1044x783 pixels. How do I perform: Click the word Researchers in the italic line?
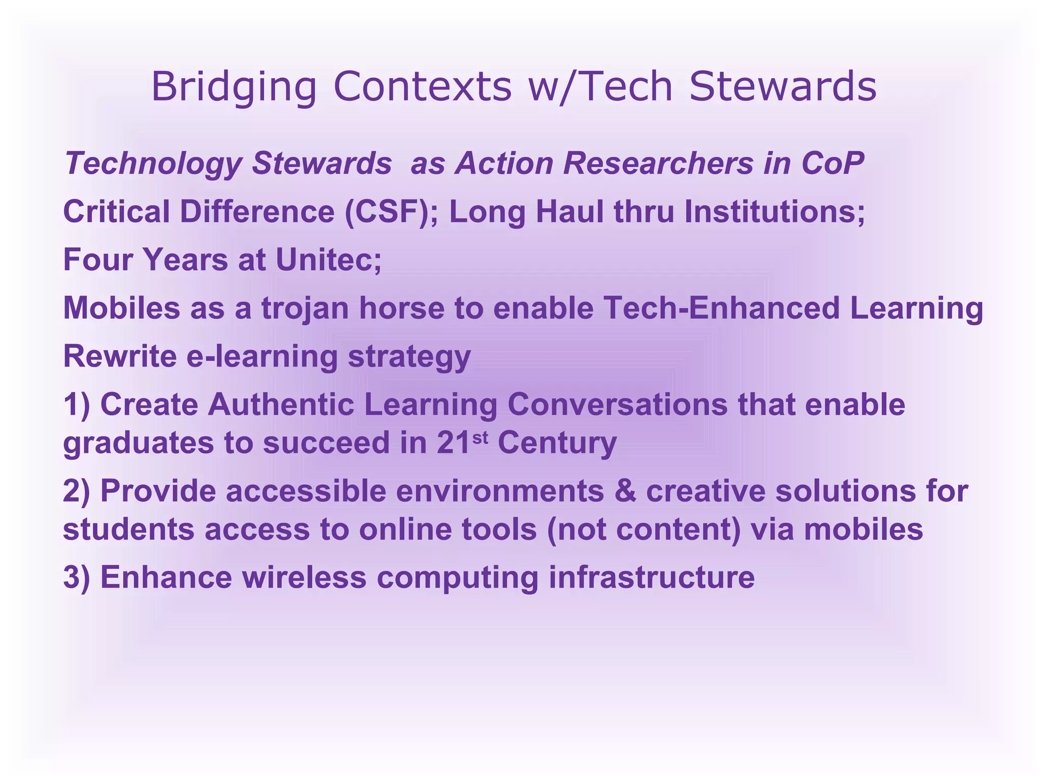(658, 164)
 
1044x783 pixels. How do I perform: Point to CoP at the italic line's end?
(832, 164)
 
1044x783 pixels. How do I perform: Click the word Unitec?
(328, 259)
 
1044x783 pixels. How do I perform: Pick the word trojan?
(305, 309)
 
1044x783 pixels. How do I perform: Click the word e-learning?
(262, 357)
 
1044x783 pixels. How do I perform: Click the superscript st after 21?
(480, 437)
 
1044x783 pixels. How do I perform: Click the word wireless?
(304, 578)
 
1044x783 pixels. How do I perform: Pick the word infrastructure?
(651, 578)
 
